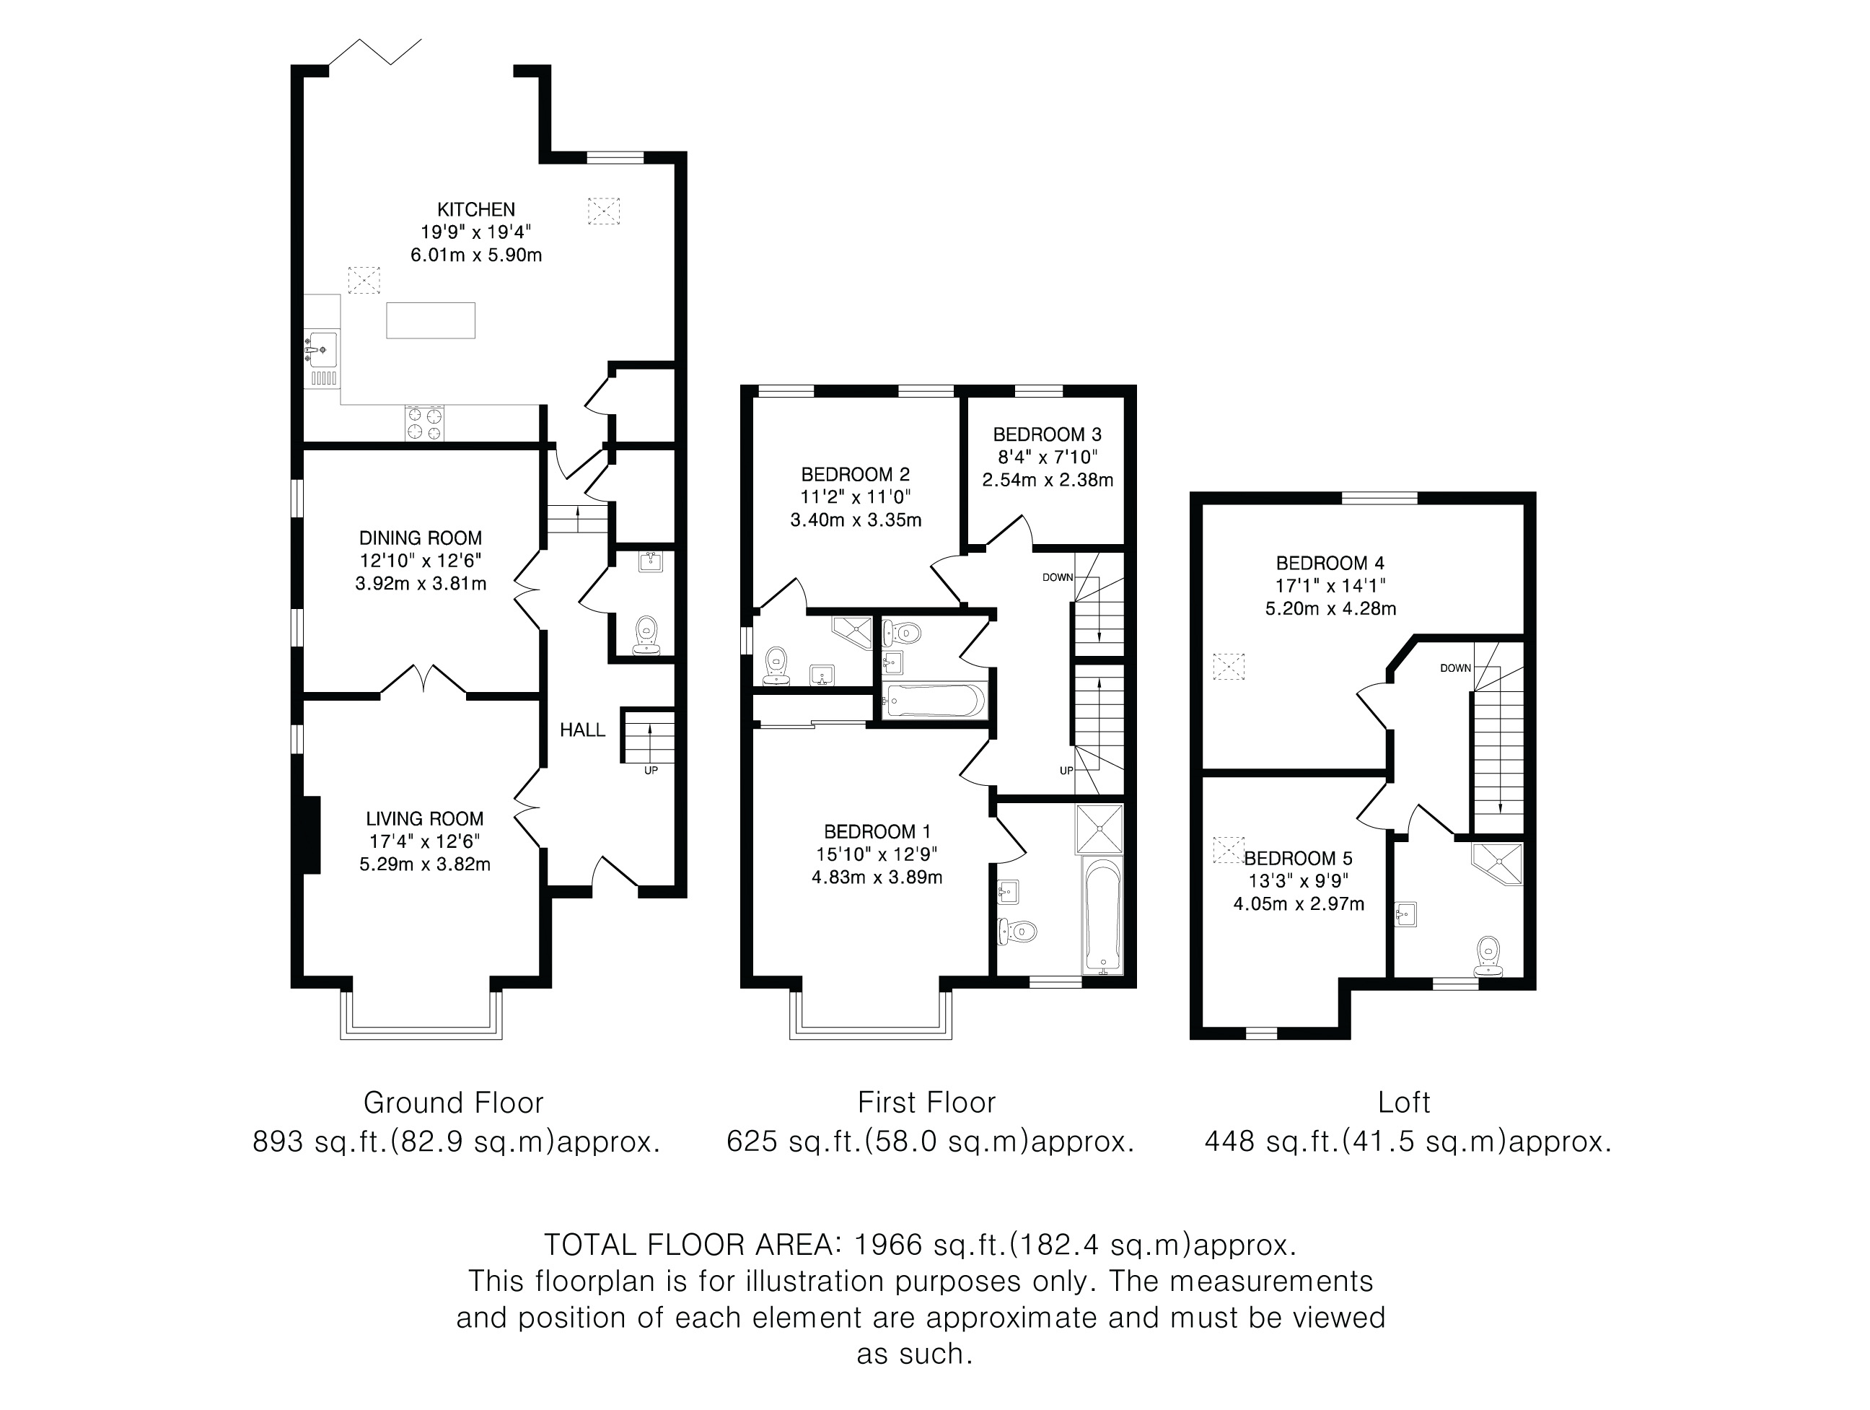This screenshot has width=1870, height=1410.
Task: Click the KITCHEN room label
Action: tap(476, 209)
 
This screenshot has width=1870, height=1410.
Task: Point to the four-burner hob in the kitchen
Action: tap(425, 423)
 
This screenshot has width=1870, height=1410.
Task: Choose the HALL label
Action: tap(582, 730)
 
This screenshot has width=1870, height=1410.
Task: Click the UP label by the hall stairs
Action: tap(651, 770)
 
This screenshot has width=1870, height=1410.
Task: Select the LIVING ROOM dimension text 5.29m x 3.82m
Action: tap(424, 864)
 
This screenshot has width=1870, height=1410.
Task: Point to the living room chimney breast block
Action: tap(311, 833)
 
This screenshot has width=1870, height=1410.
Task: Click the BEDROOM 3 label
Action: tap(1047, 434)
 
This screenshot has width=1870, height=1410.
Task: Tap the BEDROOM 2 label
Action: tap(856, 474)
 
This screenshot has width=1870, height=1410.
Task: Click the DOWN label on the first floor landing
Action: tap(1058, 577)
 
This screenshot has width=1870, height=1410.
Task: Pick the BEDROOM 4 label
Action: tap(1330, 563)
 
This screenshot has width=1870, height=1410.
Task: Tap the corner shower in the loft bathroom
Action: tap(1497, 862)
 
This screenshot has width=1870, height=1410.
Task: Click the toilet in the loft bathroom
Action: tap(1489, 956)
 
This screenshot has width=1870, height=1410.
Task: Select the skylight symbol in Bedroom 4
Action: tap(1229, 666)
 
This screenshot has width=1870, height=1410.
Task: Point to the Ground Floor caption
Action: tap(453, 1103)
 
